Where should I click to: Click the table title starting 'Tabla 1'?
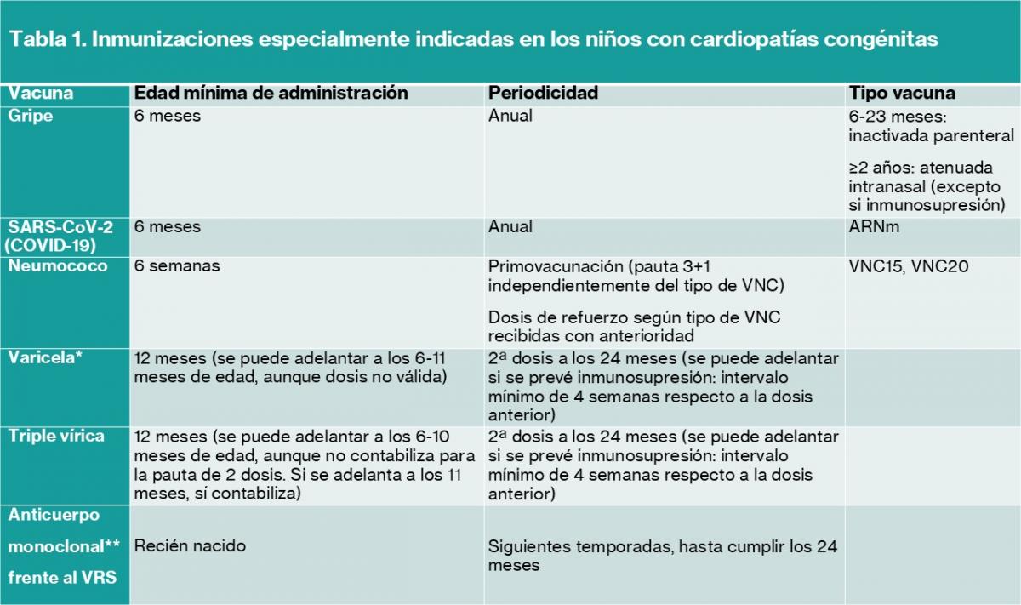tap(474, 40)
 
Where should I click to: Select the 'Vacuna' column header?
tap(42, 94)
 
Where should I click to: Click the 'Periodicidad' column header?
tap(543, 94)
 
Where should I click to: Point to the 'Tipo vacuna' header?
tap(902, 94)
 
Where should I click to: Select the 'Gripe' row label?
tap(31, 116)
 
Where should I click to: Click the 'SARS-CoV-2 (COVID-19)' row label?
tap(60, 236)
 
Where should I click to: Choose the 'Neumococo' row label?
tap(58, 266)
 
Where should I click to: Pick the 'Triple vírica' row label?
tap(56, 437)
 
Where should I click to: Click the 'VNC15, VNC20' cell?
tap(909, 266)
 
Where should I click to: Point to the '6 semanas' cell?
tap(177, 266)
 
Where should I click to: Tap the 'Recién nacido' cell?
tap(190, 546)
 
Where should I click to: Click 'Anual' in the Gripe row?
tap(510, 116)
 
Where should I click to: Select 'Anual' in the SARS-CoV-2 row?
tap(510, 227)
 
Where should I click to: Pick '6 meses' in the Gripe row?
tap(168, 116)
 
